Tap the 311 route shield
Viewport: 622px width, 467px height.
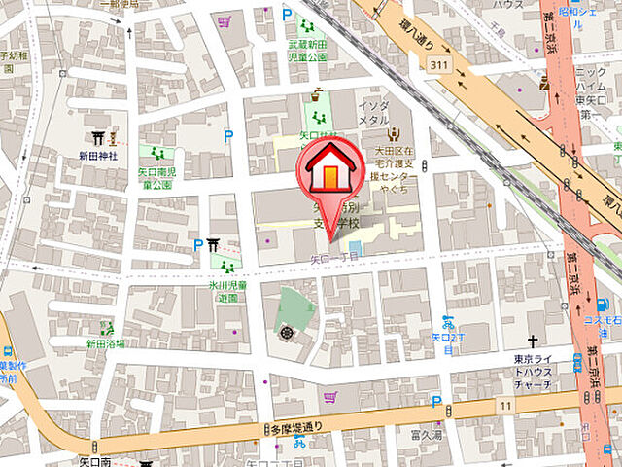pyautogui.click(x=440, y=63)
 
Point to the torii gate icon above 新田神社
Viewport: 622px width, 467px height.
pyautogui.click(x=97, y=137)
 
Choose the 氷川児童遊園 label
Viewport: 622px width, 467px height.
pyautogui.click(x=228, y=292)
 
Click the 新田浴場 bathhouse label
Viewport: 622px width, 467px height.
pyautogui.click(x=105, y=343)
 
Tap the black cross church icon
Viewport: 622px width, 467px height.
pyautogui.click(x=533, y=341)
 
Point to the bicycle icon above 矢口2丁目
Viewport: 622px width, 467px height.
pyautogui.click(x=448, y=321)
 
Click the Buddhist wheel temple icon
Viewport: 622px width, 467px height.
pyautogui.click(x=287, y=334)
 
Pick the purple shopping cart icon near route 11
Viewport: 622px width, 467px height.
pyautogui.click(x=330, y=397)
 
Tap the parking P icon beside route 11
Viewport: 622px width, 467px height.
pyautogui.click(x=437, y=400)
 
